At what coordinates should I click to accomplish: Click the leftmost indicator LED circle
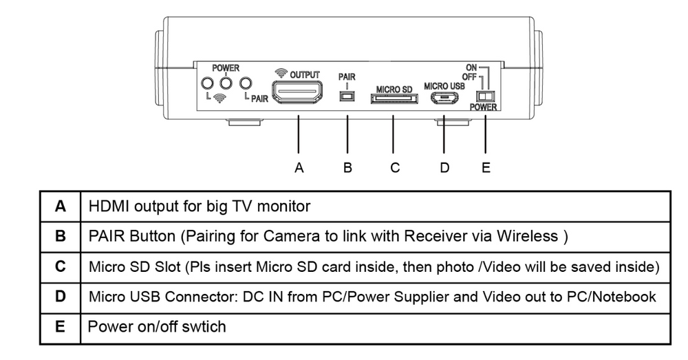(x=206, y=84)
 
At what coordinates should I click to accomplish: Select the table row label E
(x=61, y=328)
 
